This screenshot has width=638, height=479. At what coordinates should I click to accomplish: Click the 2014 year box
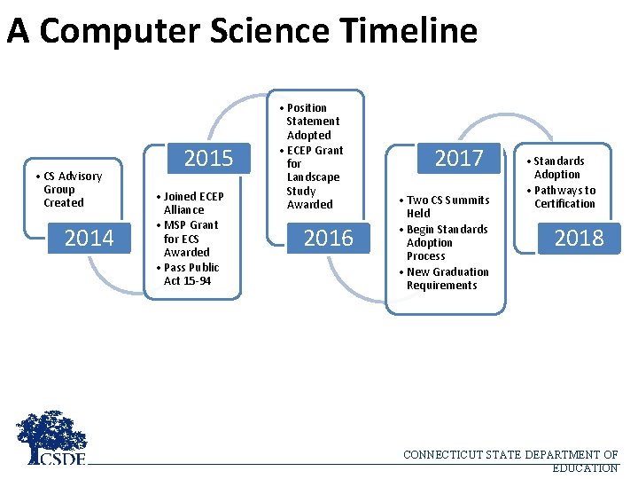pos(89,238)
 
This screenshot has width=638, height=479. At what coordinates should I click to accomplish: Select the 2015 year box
pos(208,159)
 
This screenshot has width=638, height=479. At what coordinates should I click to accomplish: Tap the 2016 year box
pos(328,238)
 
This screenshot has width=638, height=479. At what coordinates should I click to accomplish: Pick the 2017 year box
pos(459,159)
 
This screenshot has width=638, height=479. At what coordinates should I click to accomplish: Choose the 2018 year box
pos(579,238)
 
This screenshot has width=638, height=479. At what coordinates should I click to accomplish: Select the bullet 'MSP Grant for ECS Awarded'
pos(188,239)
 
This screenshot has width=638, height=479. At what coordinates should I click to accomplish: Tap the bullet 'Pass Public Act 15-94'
pos(188,274)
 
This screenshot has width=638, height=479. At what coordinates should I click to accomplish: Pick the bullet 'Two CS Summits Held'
pos(445,207)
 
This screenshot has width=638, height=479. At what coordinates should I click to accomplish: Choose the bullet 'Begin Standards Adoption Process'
pos(445,242)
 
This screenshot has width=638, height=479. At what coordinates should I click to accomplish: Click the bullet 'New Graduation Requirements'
pos(445,279)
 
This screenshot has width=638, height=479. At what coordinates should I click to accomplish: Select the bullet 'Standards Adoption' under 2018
pos(558,168)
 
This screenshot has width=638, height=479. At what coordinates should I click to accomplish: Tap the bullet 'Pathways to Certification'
pos(564,197)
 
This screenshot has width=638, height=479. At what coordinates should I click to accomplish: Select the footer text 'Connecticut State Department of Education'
pos(511,461)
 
